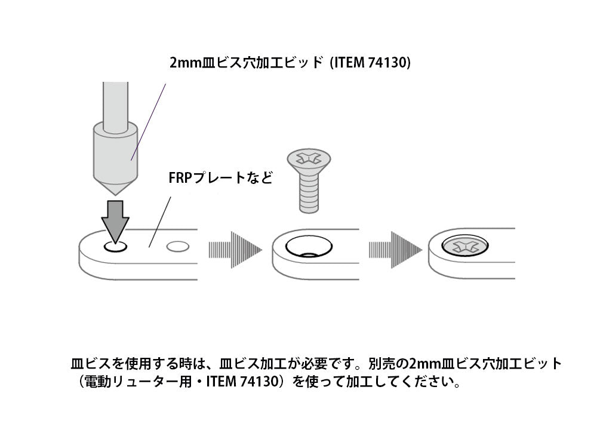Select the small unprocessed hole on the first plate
177,246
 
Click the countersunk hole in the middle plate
309,246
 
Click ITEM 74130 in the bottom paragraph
241,381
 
